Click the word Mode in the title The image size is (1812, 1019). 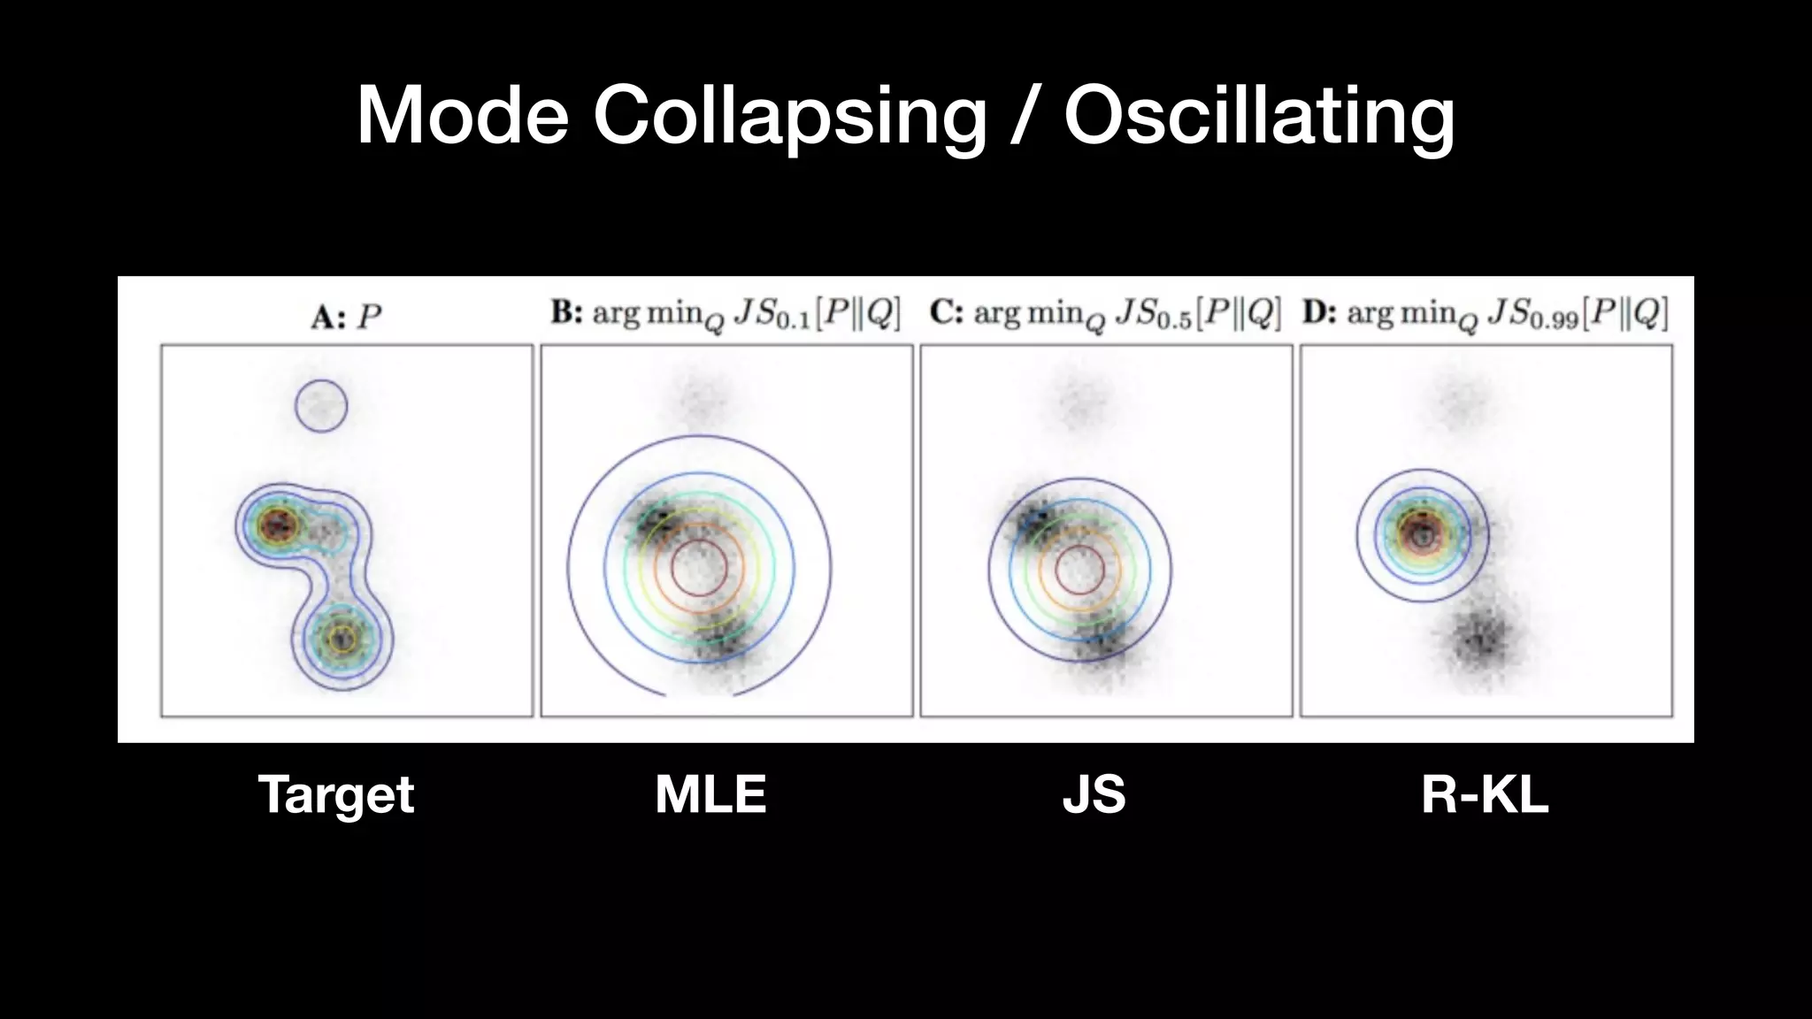click(x=462, y=115)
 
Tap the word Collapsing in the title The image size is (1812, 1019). click(x=789, y=117)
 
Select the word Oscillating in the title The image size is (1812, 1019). click(x=1259, y=117)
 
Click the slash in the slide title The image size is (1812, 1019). click(x=1025, y=117)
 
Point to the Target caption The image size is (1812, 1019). click(x=336, y=794)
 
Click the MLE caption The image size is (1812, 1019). click(x=710, y=794)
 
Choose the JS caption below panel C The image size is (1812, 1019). click(x=1094, y=794)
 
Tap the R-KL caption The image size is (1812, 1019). click(x=1485, y=794)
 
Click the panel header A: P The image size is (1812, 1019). click(x=346, y=317)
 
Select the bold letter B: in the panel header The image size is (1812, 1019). click(x=566, y=313)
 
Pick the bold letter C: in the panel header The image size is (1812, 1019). click(x=946, y=313)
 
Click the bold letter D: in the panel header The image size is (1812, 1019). click(x=1318, y=313)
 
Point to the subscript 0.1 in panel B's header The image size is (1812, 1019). click(x=792, y=320)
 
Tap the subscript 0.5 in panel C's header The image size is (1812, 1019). click(x=1172, y=320)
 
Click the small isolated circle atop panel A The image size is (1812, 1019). click(x=321, y=406)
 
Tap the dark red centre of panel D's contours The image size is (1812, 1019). click(x=1422, y=533)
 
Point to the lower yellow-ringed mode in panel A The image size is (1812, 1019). click(x=342, y=639)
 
